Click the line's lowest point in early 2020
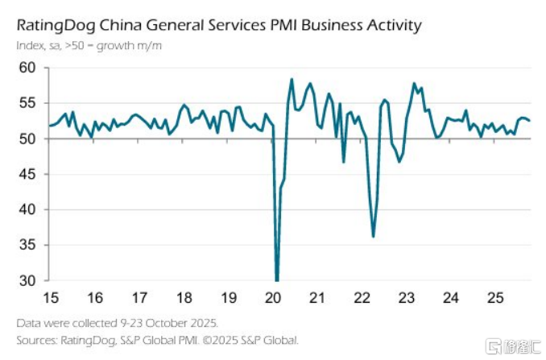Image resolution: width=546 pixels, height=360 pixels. click(277, 280)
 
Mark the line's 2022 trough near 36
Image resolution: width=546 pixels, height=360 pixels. click(374, 236)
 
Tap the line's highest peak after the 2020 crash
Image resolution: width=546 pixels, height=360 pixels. click(291, 79)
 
